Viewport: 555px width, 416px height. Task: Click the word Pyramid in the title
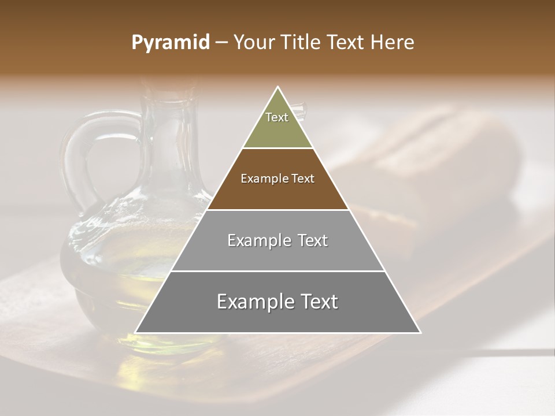170,43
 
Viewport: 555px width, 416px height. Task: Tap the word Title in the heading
304,43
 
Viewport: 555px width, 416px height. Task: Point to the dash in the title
221,43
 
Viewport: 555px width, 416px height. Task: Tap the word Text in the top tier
277,117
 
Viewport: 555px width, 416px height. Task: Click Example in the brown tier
263,179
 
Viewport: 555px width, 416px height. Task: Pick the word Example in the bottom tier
252,302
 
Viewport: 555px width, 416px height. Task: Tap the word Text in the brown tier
302,179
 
